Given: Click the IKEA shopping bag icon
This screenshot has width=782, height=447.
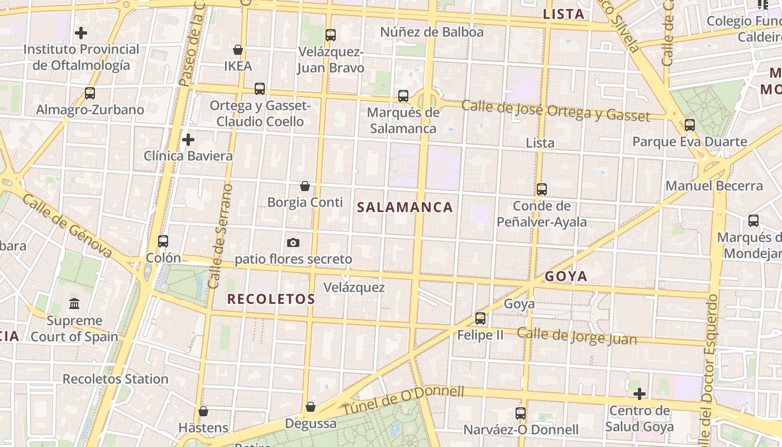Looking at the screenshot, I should point(238,50).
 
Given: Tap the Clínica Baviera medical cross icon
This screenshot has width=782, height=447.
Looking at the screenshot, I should point(188,139).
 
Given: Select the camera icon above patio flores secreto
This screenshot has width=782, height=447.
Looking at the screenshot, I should point(293,242).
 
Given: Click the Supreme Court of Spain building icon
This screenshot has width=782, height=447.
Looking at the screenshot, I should point(74,304).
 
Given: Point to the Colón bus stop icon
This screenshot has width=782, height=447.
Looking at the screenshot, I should point(163,241).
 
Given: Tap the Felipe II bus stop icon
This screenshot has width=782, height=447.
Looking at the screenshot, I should point(480,318).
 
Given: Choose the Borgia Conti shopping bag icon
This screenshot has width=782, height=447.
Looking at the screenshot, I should point(305,186).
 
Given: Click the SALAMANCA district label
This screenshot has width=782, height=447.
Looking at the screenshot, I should point(404,207).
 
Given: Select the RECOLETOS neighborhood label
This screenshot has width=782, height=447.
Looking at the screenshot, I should point(271,299).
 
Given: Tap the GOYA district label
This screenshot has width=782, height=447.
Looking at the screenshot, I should point(566,276).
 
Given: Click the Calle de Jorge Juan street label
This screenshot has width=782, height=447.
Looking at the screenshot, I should point(576,336).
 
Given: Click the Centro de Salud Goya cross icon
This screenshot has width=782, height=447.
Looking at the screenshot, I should point(640,394).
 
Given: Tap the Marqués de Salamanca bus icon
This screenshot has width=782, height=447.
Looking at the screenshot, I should point(403,96).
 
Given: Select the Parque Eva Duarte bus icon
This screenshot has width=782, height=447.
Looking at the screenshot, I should point(690,125).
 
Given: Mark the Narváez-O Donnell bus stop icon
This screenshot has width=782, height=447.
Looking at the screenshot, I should point(521,413).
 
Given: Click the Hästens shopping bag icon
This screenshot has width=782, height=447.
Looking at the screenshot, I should point(203,411).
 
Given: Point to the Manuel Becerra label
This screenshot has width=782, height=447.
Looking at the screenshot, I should point(714,186).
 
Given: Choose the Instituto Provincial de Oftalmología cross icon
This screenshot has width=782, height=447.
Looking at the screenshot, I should point(81,33).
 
